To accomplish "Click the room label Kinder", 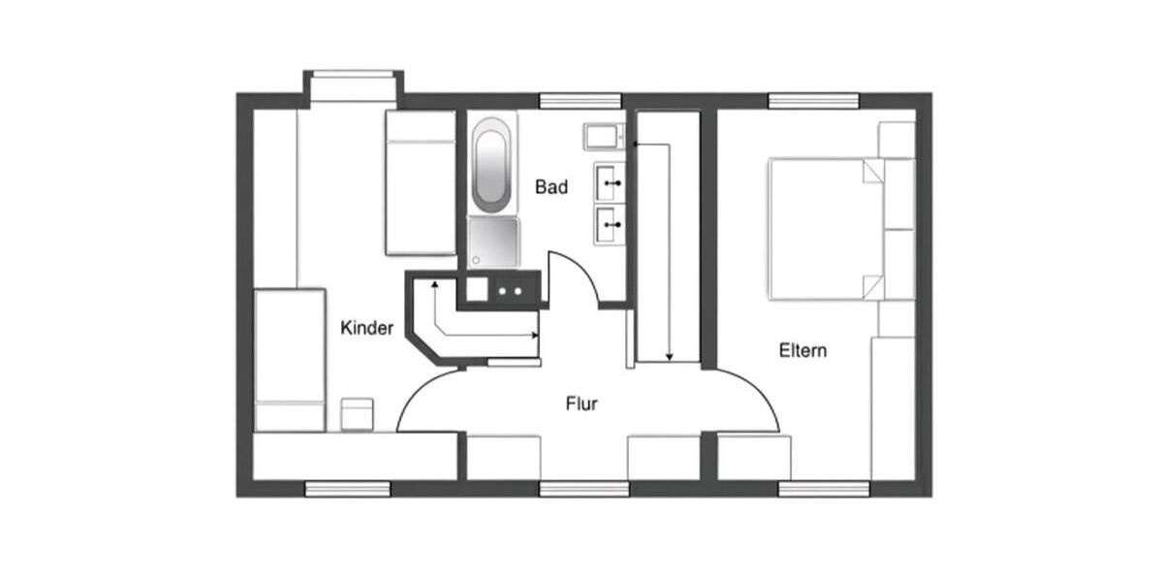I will [367, 328].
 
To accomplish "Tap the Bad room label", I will [551, 187].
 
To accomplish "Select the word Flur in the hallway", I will [581, 404].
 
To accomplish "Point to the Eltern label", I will [803, 350].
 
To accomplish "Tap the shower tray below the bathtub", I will [493, 242].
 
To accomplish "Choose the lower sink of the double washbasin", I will [609, 224].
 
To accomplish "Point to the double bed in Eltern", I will [824, 228].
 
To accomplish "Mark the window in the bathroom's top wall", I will [580, 101].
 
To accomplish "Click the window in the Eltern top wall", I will [813, 101].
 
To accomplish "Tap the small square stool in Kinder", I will [357, 413].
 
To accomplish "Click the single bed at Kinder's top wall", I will [420, 181].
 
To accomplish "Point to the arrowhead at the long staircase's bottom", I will [669, 358].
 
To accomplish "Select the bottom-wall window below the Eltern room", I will [824, 489].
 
